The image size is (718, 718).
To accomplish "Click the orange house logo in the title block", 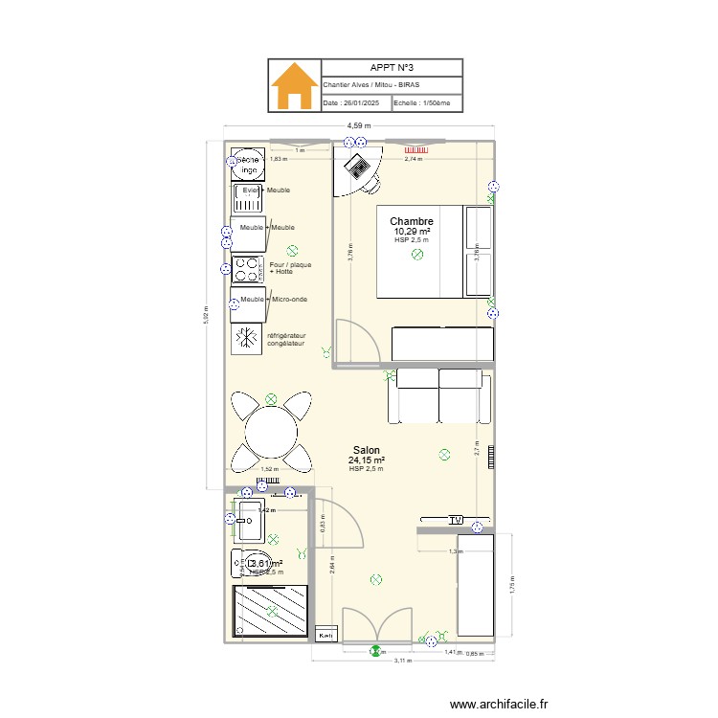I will point(294,86).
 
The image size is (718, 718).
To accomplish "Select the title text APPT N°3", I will point(392,68).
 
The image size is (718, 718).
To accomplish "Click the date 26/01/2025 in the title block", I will point(353,103).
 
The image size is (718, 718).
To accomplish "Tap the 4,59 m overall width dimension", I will point(360,124).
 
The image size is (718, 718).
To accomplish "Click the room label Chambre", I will point(412,221).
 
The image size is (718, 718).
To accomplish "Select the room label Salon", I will point(366,450).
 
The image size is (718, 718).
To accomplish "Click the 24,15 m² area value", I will point(366,460).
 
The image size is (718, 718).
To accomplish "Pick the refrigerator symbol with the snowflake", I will point(247,339).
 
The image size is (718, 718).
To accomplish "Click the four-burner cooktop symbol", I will point(248,269).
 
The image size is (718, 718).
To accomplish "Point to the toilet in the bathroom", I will point(251,565).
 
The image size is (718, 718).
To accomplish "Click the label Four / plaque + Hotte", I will point(290,268).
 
